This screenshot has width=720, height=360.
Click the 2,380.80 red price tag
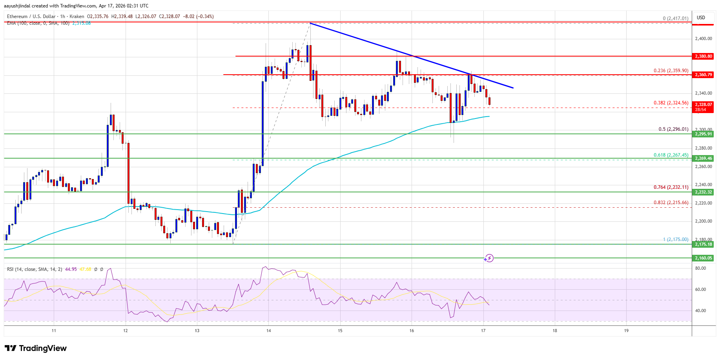tap(704, 56)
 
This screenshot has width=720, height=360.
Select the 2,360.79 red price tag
tap(704, 75)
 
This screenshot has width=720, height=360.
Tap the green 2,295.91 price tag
tap(704, 134)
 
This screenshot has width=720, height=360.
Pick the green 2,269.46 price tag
tap(704, 158)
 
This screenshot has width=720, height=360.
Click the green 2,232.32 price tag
tap(704, 192)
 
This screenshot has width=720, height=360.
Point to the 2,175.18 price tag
tap(704, 244)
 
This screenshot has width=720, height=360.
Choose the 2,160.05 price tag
tap(704, 258)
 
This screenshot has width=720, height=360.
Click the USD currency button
tap(701, 18)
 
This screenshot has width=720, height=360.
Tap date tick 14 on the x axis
tap(268, 331)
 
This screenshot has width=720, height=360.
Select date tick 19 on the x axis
tap(626, 331)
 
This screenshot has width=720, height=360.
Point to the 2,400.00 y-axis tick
tap(703, 38)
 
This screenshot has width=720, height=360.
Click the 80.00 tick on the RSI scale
tap(700, 268)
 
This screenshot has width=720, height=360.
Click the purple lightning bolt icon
tap(489, 258)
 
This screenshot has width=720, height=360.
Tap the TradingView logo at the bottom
tap(36, 348)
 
